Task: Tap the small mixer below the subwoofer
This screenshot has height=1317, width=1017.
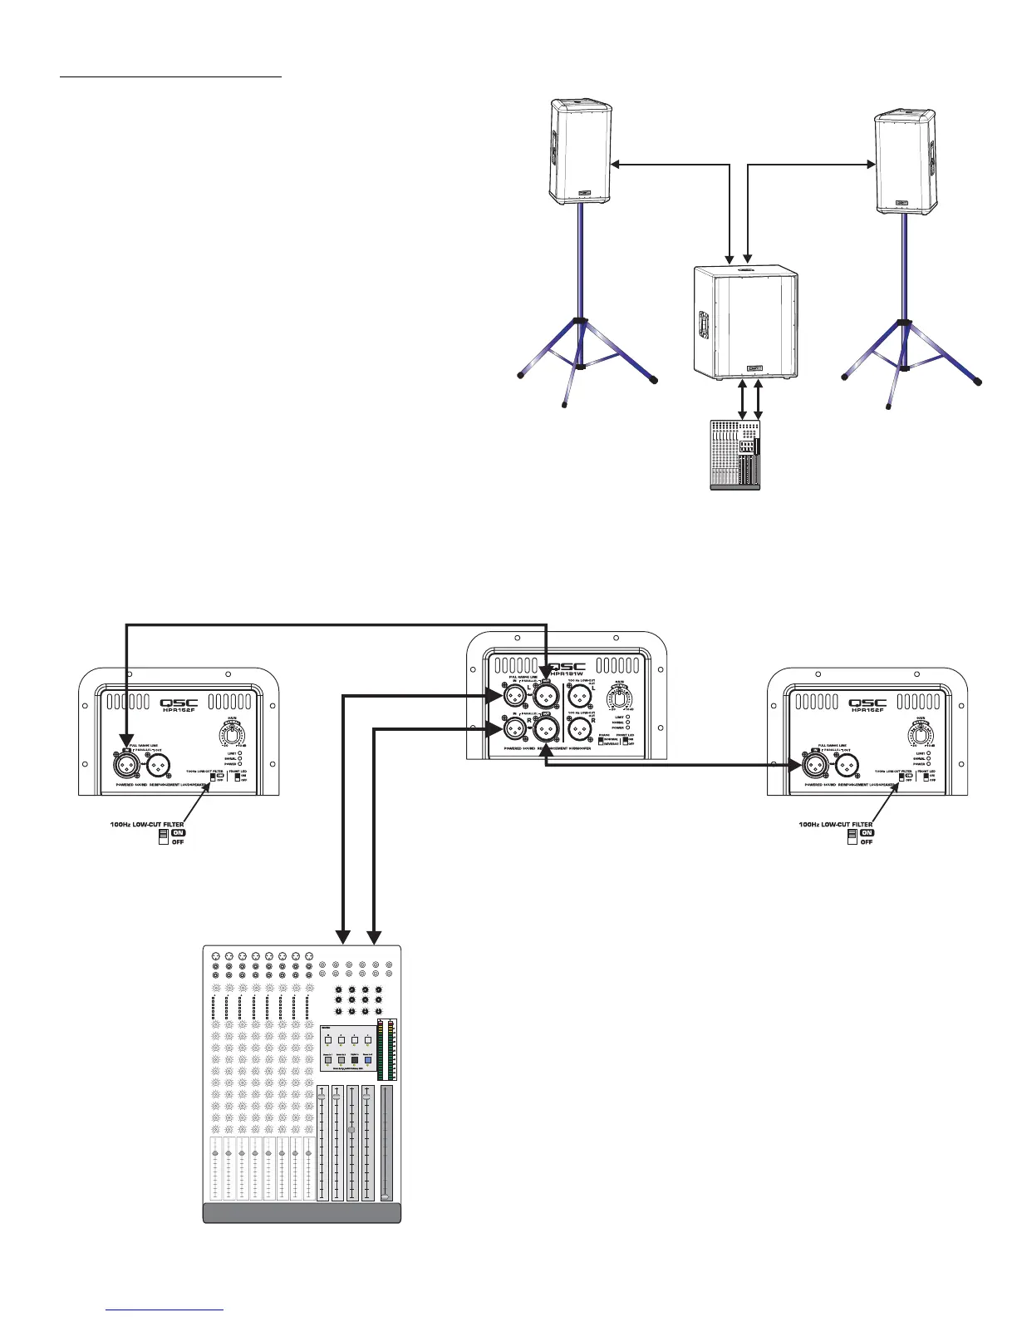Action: pyautogui.click(x=734, y=454)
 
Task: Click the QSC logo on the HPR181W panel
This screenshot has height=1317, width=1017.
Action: pyautogui.click(x=567, y=667)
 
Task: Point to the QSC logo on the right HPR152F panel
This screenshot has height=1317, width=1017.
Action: pyautogui.click(x=868, y=703)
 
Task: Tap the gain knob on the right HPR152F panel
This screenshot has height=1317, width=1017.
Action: pyautogui.click(x=921, y=736)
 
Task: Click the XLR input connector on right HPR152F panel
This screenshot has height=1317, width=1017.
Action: pyautogui.click(x=815, y=762)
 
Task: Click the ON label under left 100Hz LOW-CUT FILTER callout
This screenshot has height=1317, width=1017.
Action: pyautogui.click(x=178, y=832)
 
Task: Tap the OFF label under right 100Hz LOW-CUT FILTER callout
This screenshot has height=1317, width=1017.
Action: pyautogui.click(x=867, y=841)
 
